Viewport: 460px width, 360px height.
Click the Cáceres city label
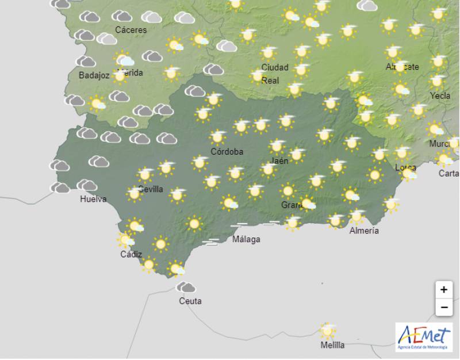click(x=131, y=30)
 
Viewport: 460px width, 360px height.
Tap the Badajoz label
click(x=94, y=75)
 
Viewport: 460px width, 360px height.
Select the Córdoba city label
click(x=227, y=152)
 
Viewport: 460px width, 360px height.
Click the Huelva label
click(x=93, y=200)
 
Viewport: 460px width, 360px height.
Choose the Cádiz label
click(x=131, y=254)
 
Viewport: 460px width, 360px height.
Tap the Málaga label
click(x=246, y=239)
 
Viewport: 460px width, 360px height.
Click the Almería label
click(x=364, y=231)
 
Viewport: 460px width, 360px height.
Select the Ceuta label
click(x=190, y=301)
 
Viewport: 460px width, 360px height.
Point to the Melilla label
click(x=333, y=345)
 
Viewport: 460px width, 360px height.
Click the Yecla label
click(x=440, y=95)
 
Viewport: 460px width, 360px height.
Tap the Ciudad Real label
click(x=275, y=74)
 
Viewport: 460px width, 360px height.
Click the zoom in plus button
click(x=443, y=289)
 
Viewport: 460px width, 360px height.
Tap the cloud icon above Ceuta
click(x=186, y=286)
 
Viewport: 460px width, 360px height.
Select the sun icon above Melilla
click(x=328, y=331)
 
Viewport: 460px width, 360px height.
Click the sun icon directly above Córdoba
click(x=217, y=137)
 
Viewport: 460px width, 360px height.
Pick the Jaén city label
click(x=279, y=161)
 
